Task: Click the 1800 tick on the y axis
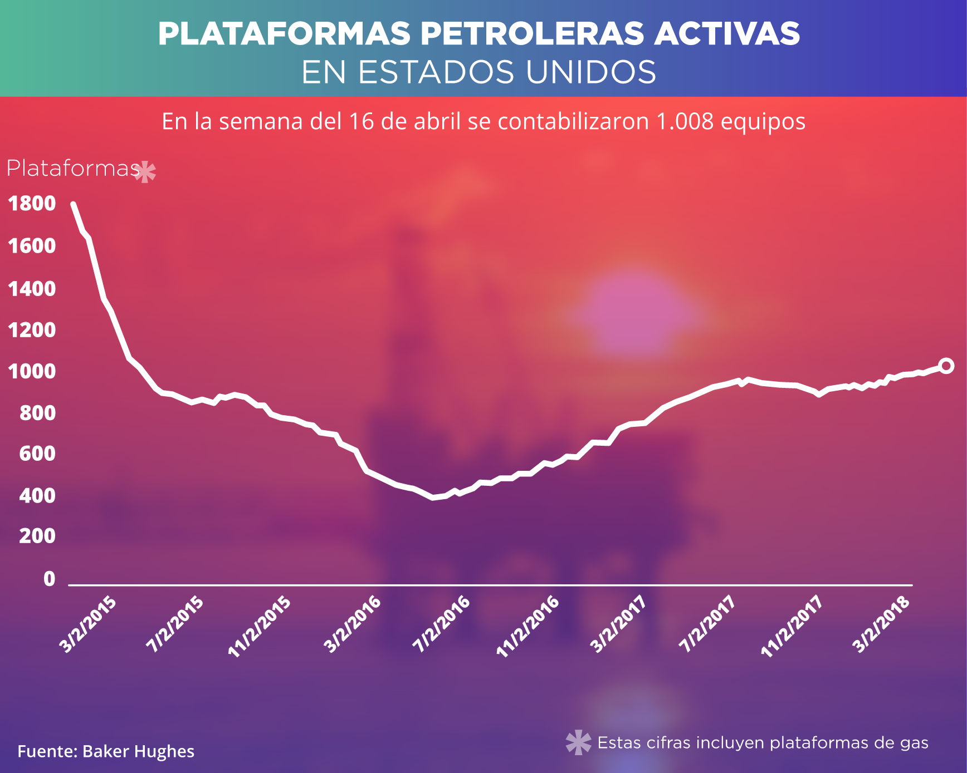[32, 204]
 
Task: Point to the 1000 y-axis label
[32, 371]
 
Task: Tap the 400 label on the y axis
[37, 495]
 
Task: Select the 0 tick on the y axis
[49, 579]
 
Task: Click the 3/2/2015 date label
[89, 624]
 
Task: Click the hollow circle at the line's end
[946, 366]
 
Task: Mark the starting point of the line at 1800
[73, 204]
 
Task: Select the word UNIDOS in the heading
[591, 72]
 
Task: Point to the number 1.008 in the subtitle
[685, 121]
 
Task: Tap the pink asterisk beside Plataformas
[145, 173]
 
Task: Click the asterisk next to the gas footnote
[578, 742]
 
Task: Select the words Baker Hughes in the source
[138, 751]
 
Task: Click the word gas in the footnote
[914, 743]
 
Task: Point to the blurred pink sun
[635, 314]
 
